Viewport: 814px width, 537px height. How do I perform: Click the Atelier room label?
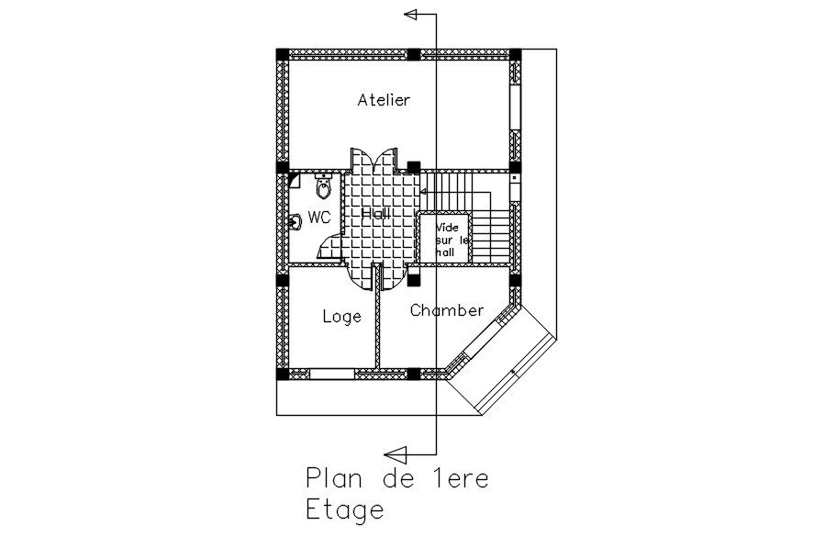coord(384,100)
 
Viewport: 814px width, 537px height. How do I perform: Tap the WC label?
coord(319,218)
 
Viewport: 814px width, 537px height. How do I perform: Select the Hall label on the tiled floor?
coord(375,213)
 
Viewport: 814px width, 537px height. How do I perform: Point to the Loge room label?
coord(341,317)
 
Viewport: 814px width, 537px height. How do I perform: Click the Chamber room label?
coord(447,310)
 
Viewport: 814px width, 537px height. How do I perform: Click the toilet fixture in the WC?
coord(323,188)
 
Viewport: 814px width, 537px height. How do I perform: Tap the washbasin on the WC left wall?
coord(295,222)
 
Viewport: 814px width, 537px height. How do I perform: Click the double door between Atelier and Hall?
coord(372,162)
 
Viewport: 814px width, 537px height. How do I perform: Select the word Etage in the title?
coord(344,509)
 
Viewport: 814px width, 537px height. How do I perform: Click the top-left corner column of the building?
coord(283,54)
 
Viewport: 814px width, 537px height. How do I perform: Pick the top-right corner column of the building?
coord(516,54)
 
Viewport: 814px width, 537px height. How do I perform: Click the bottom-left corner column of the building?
coord(283,373)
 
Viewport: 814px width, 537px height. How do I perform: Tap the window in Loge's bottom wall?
coord(331,374)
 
